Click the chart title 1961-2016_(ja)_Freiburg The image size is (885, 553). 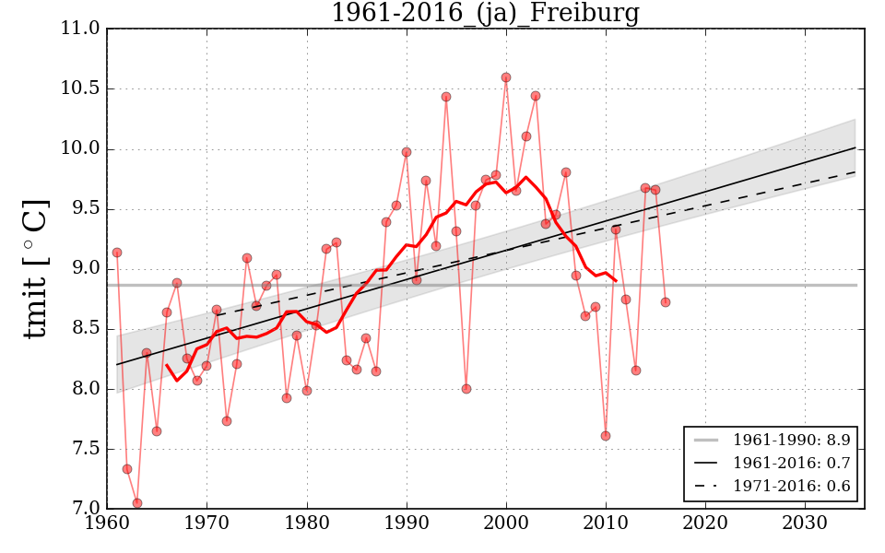click(x=485, y=13)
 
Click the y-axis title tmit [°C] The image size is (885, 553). click(x=35, y=268)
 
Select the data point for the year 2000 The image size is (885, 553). click(x=506, y=77)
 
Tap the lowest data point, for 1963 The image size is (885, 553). click(x=137, y=503)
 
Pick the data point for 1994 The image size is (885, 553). click(x=446, y=97)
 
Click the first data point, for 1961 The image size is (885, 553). click(x=117, y=253)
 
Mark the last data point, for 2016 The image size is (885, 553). click(x=666, y=302)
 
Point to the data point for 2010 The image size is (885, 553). click(x=606, y=436)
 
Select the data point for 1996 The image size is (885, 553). click(x=466, y=389)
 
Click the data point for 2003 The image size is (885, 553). click(x=536, y=96)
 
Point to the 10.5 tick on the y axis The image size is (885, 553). click(x=80, y=89)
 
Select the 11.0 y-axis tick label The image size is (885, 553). click(x=80, y=29)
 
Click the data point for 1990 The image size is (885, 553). click(x=407, y=152)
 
